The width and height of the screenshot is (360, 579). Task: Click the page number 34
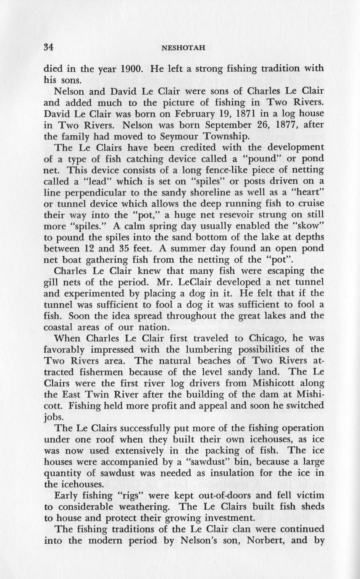pyautogui.click(x=50, y=47)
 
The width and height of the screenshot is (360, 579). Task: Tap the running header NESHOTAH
pyautogui.click(x=183, y=47)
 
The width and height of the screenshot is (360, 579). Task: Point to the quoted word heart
pyautogui.click(x=307, y=193)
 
